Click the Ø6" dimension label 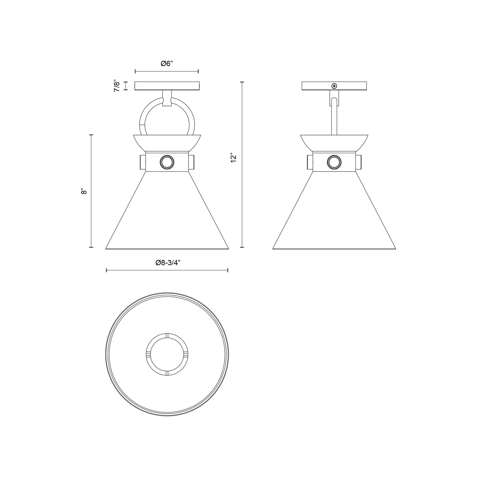click(x=167, y=64)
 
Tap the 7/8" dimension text click(x=117, y=85)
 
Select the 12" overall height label click(x=234, y=158)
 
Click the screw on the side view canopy click(x=334, y=86)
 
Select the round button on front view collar click(x=166, y=162)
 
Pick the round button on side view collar click(x=334, y=162)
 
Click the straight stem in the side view click(x=334, y=119)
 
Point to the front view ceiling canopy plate click(x=167, y=86)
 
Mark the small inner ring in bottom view click(x=167, y=354)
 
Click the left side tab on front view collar click(x=143, y=162)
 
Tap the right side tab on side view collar click(x=359, y=162)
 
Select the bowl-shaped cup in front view click(x=167, y=142)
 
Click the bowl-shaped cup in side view click(x=334, y=142)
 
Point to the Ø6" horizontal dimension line click(x=167, y=71)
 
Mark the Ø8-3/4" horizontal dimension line click(x=167, y=270)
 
